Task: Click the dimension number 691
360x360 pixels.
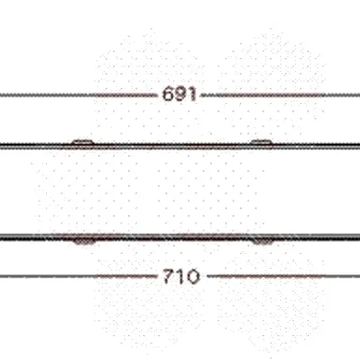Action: tap(179, 94)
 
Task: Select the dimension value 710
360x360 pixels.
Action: tap(181, 276)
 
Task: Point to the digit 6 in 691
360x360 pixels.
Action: tap(168, 94)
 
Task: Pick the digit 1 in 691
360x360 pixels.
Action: tap(192, 94)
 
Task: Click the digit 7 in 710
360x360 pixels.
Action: tap(168, 276)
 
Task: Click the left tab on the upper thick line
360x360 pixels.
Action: tap(82, 142)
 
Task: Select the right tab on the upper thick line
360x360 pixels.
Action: tap(261, 142)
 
